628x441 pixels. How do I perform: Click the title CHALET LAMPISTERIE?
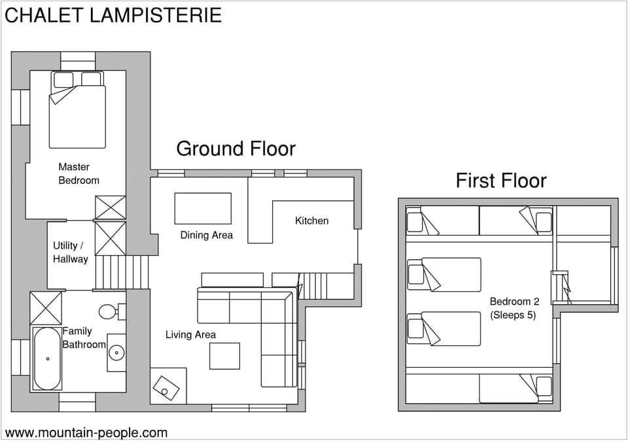113,15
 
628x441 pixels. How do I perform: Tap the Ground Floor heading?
235,149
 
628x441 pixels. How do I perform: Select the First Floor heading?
500,180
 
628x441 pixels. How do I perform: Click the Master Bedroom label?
78,173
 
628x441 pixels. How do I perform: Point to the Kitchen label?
311,220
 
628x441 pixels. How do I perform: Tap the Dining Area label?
206,235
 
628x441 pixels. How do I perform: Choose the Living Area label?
190,334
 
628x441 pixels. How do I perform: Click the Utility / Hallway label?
70,252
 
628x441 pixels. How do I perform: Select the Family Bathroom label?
84,338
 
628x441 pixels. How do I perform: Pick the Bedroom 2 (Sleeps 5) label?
514,308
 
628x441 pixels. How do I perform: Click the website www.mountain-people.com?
86,432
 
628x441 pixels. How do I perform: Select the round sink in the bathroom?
116,352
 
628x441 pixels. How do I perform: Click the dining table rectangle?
203,208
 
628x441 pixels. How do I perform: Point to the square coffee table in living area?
224,355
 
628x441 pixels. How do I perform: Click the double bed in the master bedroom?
77,111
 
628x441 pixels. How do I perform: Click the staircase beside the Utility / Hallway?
122,272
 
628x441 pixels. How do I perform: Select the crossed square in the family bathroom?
46,308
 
